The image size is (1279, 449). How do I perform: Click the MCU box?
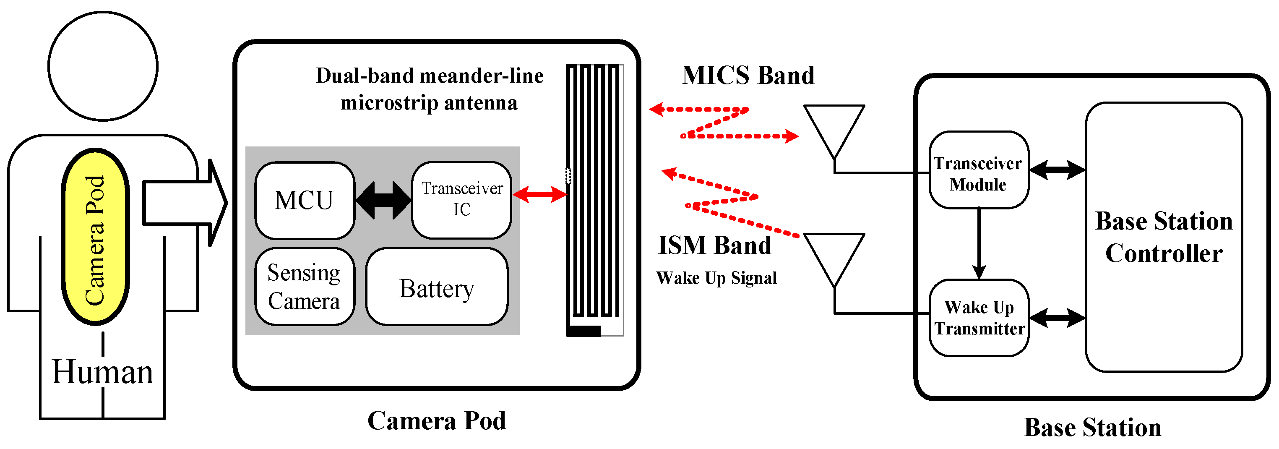click(x=305, y=201)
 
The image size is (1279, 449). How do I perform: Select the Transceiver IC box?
click(x=461, y=200)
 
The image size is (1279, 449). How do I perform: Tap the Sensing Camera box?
click(x=305, y=287)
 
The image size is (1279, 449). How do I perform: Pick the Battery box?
click(x=436, y=287)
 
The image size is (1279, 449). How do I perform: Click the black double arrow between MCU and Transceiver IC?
click(x=383, y=200)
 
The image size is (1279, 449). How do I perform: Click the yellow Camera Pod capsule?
click(x=95, y=238)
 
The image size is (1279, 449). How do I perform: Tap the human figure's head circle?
click(x=103, y=66)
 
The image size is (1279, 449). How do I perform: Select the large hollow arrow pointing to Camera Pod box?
click(x=184, y=203)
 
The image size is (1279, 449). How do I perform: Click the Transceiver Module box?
click(x=978, y=170)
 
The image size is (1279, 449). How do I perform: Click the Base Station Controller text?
click(x=1163, y=238)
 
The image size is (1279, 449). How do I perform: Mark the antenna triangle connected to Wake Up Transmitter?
click(x=834, y=256)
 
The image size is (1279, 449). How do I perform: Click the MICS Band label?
click(x=748, y=76)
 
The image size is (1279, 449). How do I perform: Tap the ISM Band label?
click(x=714, y=245)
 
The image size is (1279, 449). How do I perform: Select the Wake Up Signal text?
click(x=716, y=278)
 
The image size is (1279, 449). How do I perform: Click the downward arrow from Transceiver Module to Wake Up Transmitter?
click(x=979, y=243)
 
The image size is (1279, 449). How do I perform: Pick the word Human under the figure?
click(x=102, y=372)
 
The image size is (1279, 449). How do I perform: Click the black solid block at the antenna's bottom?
click(x=584, y=331)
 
